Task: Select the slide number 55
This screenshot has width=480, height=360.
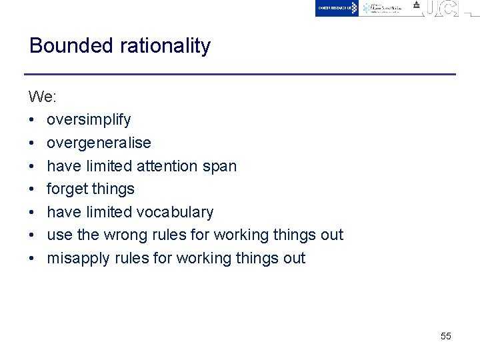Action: click(446, 336)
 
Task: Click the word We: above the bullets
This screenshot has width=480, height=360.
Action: click(43, 97)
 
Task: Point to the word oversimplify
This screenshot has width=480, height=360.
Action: click(89, 120)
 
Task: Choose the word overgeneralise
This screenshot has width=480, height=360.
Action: click(99, 143)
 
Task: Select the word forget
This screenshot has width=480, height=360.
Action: click(67, 189)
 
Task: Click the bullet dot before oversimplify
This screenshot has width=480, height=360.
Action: click(32, 120)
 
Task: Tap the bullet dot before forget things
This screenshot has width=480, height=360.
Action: click(32, 189)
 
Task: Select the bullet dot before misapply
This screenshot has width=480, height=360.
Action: click(32, 259)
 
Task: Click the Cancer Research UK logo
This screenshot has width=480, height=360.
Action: click(337, 8)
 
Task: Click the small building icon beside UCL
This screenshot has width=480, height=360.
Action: click(417, 5)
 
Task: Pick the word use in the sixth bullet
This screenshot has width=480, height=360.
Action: click(57, 235)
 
